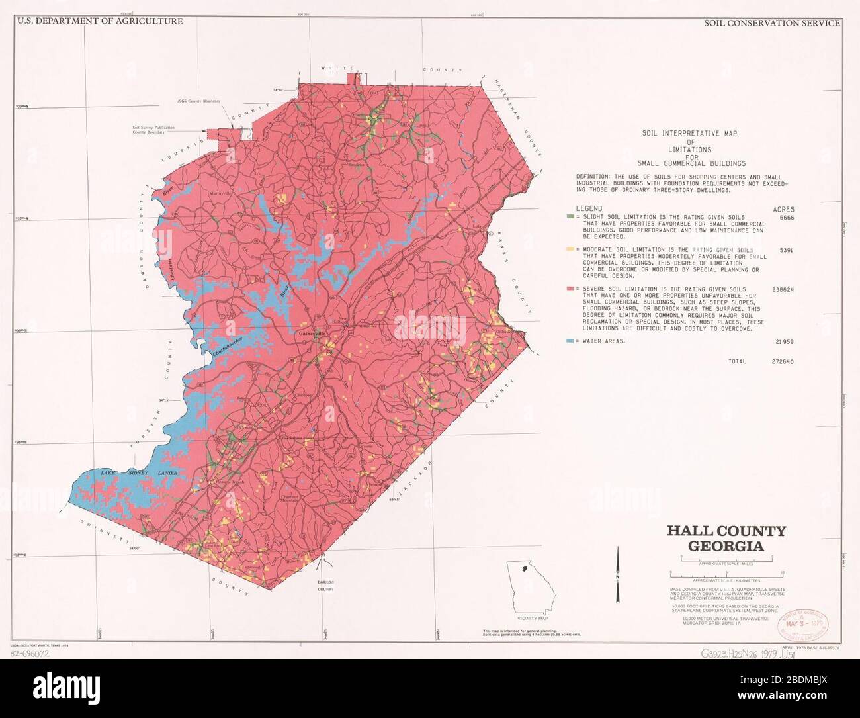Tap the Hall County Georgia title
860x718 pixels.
coord(726,539)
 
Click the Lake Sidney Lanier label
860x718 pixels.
coord(139,474)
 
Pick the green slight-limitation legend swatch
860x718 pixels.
coord(568,217)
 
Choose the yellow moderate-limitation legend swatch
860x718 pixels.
coord(568,250)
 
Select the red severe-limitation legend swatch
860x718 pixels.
coord(568,289)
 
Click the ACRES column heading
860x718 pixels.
coord(783,208)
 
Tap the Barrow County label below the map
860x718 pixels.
coord(325,585)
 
